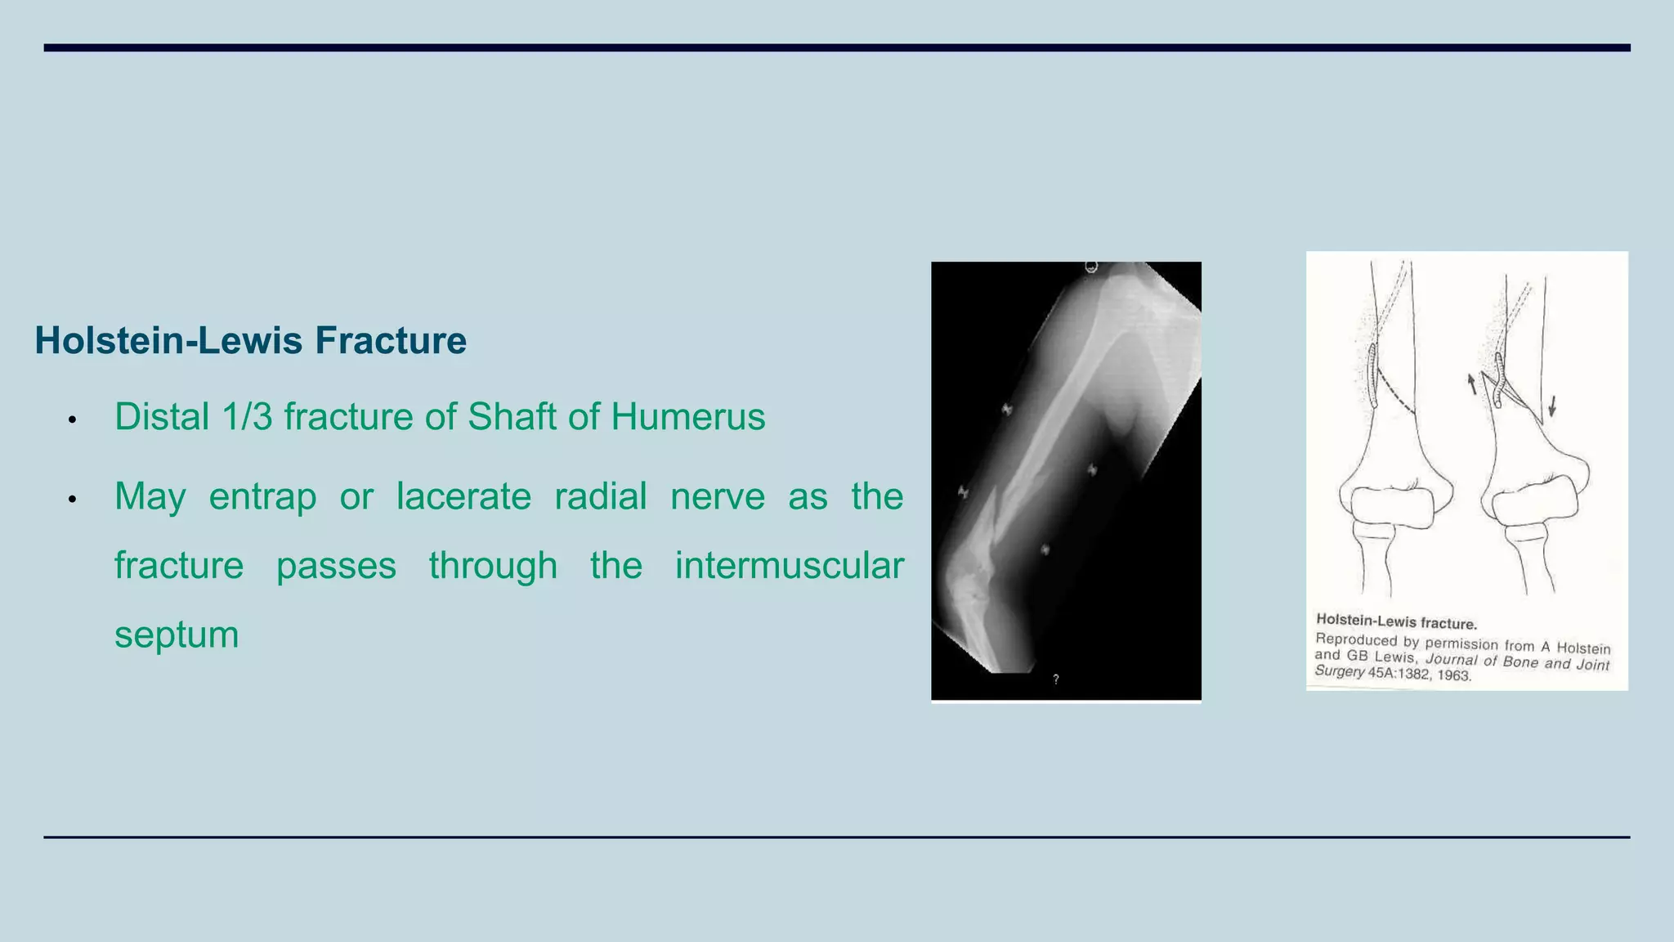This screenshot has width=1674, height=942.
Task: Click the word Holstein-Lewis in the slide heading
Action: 170,341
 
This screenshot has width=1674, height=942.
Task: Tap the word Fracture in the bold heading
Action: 391,341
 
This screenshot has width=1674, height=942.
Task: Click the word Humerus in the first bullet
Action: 687,417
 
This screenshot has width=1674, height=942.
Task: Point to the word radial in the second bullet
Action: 600,496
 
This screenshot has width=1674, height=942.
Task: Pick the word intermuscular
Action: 789,566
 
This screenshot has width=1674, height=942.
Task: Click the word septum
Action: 177,635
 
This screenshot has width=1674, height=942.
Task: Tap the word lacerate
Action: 463,496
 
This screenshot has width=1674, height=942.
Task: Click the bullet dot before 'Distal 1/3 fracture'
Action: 72,419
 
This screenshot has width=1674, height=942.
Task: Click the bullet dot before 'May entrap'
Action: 72,499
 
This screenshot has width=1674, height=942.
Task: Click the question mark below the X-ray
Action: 1056,679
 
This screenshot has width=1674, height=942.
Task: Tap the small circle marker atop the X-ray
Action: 1091,267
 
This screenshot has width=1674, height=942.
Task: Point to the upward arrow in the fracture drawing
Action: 1471,383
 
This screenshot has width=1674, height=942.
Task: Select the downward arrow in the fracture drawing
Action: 1552,406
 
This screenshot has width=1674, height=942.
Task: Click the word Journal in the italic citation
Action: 1452,659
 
